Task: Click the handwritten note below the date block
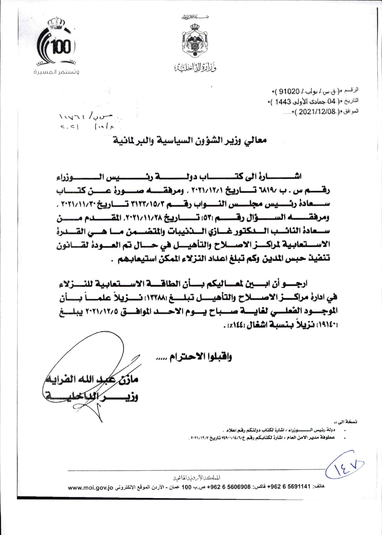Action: (x=86, y=122)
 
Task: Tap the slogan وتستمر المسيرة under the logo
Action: (x=56, y=72)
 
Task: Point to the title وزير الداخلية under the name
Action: (x=92, y=396)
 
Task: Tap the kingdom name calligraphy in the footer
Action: (x=197, y=478)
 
